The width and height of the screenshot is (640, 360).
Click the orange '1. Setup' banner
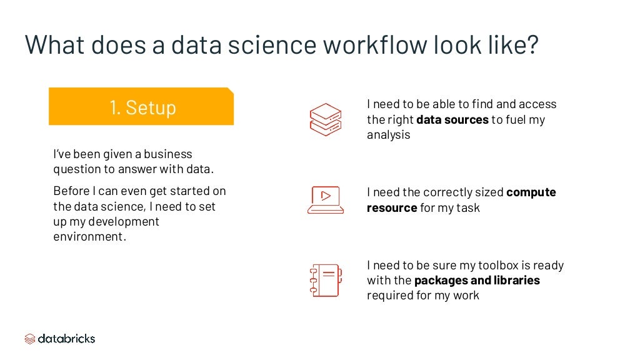pyautogui.click(x=141, y=107)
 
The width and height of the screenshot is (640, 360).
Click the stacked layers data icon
pyautogui.click(x=325, y=119)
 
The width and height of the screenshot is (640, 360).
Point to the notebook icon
pyautogui.click(x=325, y=279)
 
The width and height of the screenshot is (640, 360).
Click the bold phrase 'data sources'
pyautogui.click(x=452, y=119)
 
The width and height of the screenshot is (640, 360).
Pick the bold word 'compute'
pyautogui.click(x=531, y=192)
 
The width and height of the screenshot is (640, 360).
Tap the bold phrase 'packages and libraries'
pyautogui.click(x=477, y=280)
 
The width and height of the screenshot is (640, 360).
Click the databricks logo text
pyautogui.click(x=66, y=339)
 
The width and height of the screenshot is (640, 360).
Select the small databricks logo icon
pyautogui.click(x=30, y=339)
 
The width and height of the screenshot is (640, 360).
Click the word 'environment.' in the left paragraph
pyautogui.click(x=90, y=237)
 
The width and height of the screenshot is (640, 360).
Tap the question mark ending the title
pyautogui.click(x=531, y=45)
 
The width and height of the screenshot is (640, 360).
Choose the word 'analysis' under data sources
pyautogui.click(x=388, y=134)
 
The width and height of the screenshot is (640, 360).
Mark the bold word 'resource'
pyautogui.click(x=392, y=207)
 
